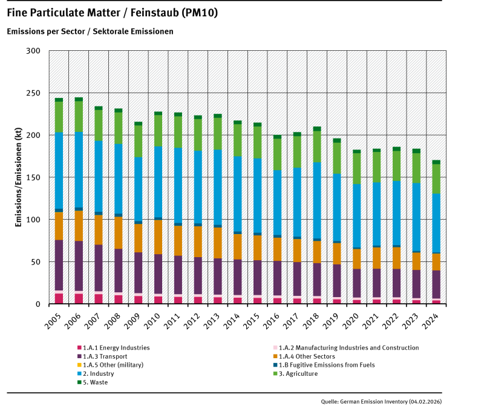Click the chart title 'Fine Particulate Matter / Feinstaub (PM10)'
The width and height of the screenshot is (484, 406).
pos(113,13)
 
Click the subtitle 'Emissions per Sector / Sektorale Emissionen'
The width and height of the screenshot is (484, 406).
pos(90,31)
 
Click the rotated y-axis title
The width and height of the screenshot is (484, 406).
pos(18,177)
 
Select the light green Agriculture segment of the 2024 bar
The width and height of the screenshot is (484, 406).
pos(436,178)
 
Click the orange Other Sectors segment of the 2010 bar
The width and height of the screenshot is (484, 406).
pos(158,236)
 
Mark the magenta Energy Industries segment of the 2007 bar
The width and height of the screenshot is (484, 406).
pos(99,298)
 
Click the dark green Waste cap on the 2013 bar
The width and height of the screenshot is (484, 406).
pos(217,116)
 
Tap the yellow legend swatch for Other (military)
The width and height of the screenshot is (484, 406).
pos(79,365)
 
